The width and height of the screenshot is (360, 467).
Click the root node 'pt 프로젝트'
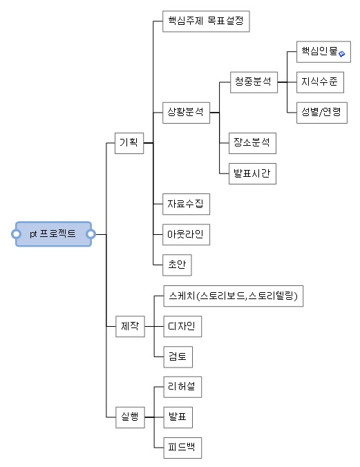click(x=53, y=234)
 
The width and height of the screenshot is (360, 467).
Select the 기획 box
click(x=129, y=143)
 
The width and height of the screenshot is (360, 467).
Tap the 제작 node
click(x=130, y=327)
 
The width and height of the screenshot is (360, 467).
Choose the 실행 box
click(x=130, y=417)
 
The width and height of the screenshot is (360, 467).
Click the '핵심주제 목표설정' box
click(x=206, y=21)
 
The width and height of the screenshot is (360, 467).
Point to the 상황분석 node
click(x=187, y=113)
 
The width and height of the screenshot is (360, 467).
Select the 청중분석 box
click(x=254, y=82)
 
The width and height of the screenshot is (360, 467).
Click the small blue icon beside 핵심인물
click(x=342, y=54)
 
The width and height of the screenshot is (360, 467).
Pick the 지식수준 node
click(x=320, y=82)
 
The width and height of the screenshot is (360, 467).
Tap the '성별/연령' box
click(x=322, y=113)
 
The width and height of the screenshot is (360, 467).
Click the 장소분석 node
click(x=252, y=143)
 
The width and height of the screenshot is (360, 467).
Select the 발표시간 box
click(x=252, y=173)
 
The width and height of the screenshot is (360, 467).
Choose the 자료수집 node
click(x=187, y=204)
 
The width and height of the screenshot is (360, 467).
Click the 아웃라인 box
click(x=187, y=235)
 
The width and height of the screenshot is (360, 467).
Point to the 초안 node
click(x=177, y=265)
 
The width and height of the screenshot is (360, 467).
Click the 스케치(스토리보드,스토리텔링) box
click(x=234, y=296)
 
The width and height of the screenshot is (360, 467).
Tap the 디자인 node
click(x=182, y=327)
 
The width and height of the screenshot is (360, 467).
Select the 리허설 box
click(x=182, y=387)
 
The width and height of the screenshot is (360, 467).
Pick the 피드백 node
click(x=182, y=448)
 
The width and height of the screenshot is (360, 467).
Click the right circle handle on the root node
click(x=91, y=234)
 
